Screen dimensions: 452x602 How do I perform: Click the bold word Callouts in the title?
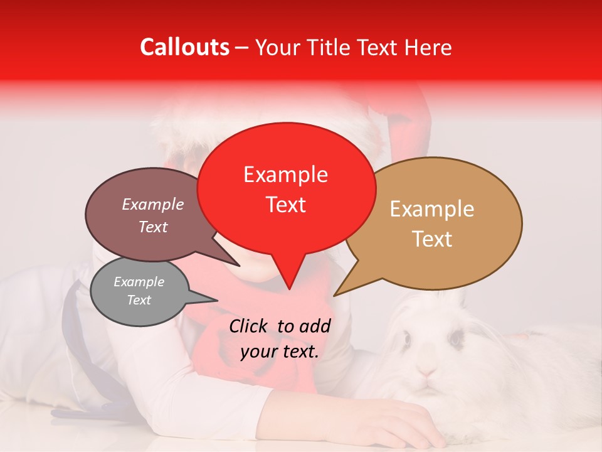184,47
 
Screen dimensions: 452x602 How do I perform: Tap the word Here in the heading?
429,48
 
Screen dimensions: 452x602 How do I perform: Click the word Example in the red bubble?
285,175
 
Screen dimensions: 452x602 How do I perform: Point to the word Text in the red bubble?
285,205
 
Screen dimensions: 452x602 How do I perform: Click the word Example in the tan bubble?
432,209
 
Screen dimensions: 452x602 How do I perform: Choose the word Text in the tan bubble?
432,239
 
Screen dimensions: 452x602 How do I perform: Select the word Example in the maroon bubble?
153,204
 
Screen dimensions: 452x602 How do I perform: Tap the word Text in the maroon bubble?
153,227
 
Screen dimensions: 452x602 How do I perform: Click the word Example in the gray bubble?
139,282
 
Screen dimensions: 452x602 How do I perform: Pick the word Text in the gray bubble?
139,300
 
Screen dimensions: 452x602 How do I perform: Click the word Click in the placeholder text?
249,326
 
